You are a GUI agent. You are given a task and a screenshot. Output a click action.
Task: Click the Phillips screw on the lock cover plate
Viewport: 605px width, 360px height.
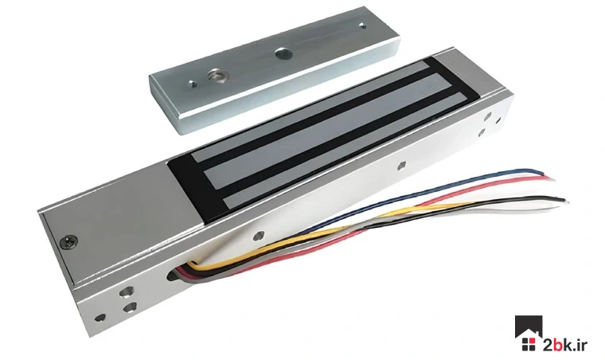pos(69,241)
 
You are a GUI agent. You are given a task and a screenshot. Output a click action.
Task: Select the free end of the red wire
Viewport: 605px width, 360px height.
pos(552,178)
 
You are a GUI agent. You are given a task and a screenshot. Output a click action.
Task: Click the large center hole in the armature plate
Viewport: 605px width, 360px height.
pos(281,53)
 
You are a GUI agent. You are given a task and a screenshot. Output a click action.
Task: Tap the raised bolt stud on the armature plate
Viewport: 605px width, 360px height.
pos(214,75)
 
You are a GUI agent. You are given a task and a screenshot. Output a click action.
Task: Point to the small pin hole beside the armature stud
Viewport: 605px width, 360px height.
pos(192,84)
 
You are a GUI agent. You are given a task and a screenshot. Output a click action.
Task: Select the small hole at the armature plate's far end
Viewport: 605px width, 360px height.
pos(361,25)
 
